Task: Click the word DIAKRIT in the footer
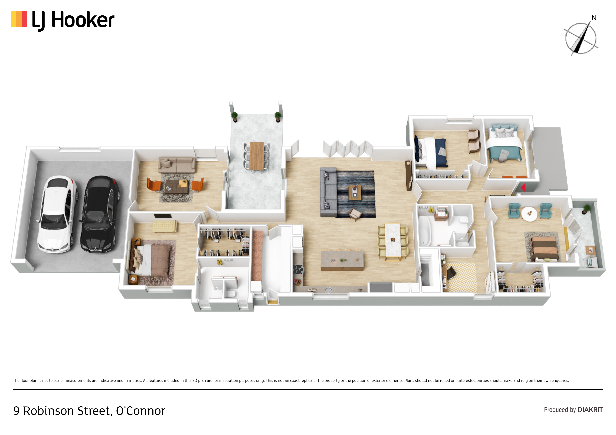coord(590,410)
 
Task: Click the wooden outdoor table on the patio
coord(257,156)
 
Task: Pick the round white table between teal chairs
coord(529,214)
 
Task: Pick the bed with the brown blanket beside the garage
coord(152,259)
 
